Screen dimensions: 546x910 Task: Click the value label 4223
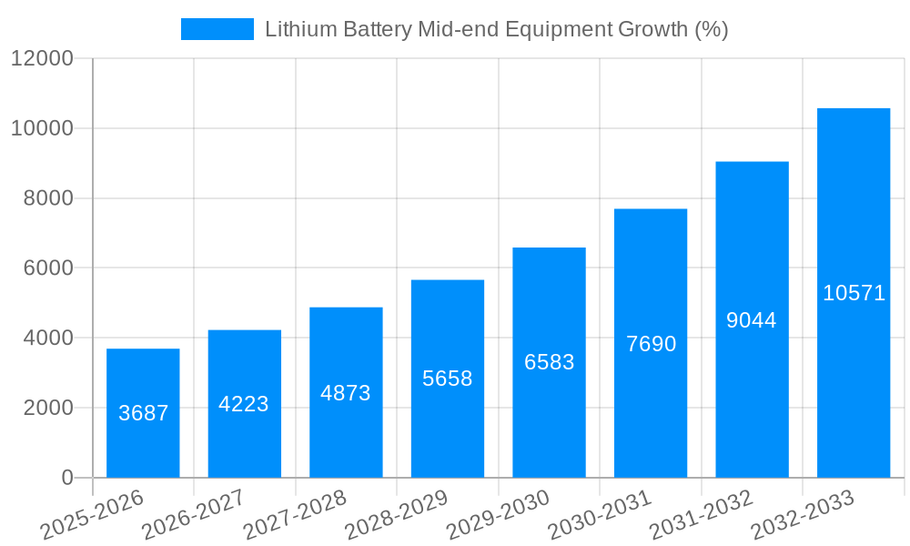[244, 404]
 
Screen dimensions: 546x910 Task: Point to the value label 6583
[549, 362]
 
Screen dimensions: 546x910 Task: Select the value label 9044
[752, 320]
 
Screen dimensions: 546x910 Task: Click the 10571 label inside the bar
[854, 293]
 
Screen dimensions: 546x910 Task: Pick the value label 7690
[651, 344]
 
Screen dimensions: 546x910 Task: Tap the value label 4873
[346, 393]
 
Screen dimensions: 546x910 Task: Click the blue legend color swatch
[217, 29]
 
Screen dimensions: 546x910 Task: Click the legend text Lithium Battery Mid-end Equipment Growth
[496, 29]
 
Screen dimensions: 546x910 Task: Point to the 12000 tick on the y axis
[42, 58]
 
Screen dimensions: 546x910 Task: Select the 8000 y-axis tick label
[47, 198]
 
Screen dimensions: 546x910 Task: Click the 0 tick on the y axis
[66, 478]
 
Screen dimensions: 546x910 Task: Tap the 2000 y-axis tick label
[47, 408]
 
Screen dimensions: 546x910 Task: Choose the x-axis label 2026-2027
[193, 515]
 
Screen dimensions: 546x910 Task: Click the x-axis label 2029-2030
[498, 515]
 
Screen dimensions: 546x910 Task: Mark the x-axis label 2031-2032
[701, 515]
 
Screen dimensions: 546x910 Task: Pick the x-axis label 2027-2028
[295, 515]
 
